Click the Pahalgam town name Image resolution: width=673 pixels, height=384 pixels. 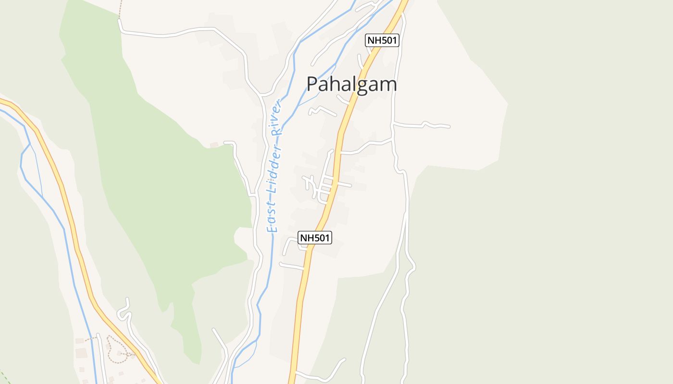pyautogui.click(x=352, y=84)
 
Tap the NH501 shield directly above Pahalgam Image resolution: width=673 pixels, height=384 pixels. pyautogui.click(x=382, y=40)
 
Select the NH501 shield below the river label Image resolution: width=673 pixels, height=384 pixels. pyautogui.click(x=315, y=237)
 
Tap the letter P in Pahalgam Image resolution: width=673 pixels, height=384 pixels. pyautogui.click(x=312, y=84)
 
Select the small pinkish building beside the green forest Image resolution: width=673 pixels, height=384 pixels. pyautogui.click(x=214, y=144)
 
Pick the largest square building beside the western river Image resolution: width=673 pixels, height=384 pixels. pyautogui.click(x=81, y=353)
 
